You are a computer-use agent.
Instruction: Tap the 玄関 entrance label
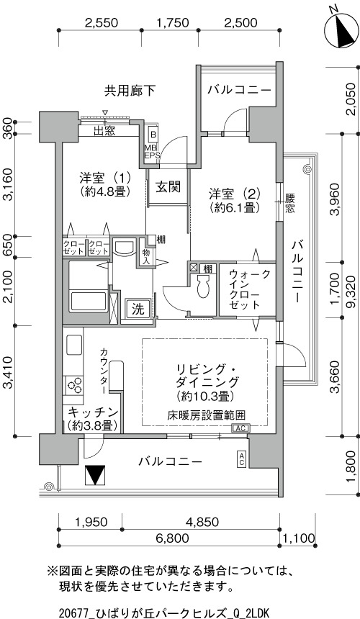pos(168,186)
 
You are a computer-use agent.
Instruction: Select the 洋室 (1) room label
pos(104,184)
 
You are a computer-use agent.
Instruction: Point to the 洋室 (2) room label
pos(234,201)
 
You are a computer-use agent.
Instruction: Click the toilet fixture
pos(204,286)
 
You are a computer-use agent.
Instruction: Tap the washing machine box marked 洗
pos(138,309)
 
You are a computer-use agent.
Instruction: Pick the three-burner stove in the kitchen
pos(75,385)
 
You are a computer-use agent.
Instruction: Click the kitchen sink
pos(75,345)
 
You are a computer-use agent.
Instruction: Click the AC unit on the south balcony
pos(242,459)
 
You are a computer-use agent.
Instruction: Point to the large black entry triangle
pos(95,475)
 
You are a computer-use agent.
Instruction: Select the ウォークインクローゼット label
pos(245,289)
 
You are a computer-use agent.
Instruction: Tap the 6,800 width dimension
pos(169,538)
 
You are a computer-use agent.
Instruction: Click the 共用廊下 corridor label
pos(130,91)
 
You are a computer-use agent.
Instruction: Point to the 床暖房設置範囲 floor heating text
pos(207,416)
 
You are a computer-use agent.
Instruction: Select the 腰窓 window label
pos(290,203)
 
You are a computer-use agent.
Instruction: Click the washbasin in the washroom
pos(125,247)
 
